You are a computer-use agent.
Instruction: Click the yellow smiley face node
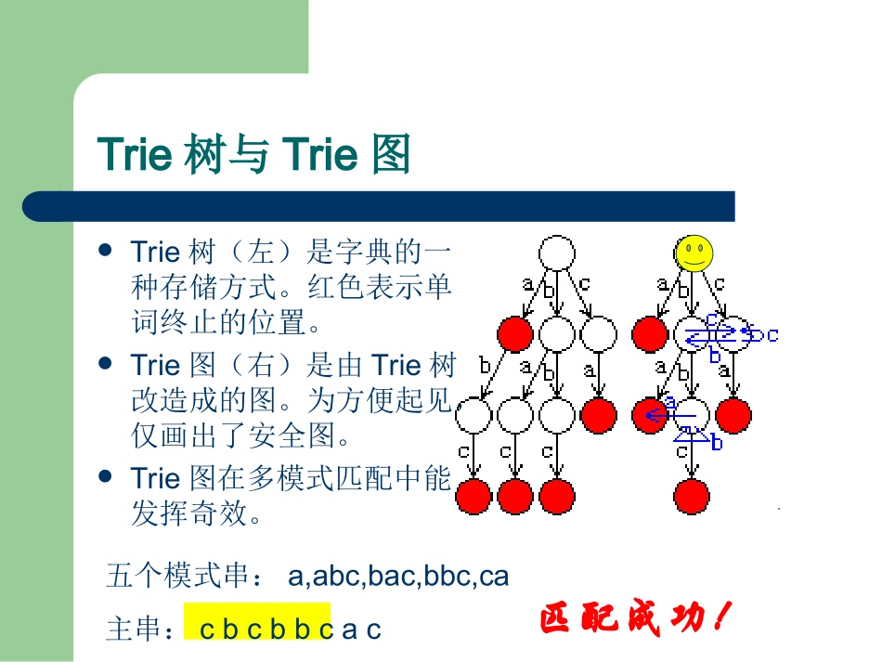click(694, 253)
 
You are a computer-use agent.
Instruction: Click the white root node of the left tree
click(557, 253)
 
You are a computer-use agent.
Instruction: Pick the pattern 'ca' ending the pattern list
click(494, 577)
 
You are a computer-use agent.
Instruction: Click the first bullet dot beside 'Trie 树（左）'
click(106, 251)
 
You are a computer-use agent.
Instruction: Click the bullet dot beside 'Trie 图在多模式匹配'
click(106, 476)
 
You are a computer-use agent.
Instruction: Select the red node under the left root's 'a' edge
click(515, 333)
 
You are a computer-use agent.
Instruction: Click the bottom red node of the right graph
click(692, 497)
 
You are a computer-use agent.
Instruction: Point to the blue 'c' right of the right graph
click(772, 334)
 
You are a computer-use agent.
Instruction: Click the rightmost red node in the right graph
click(733, 415)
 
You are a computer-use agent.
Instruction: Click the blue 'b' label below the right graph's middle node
click(716, 444)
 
